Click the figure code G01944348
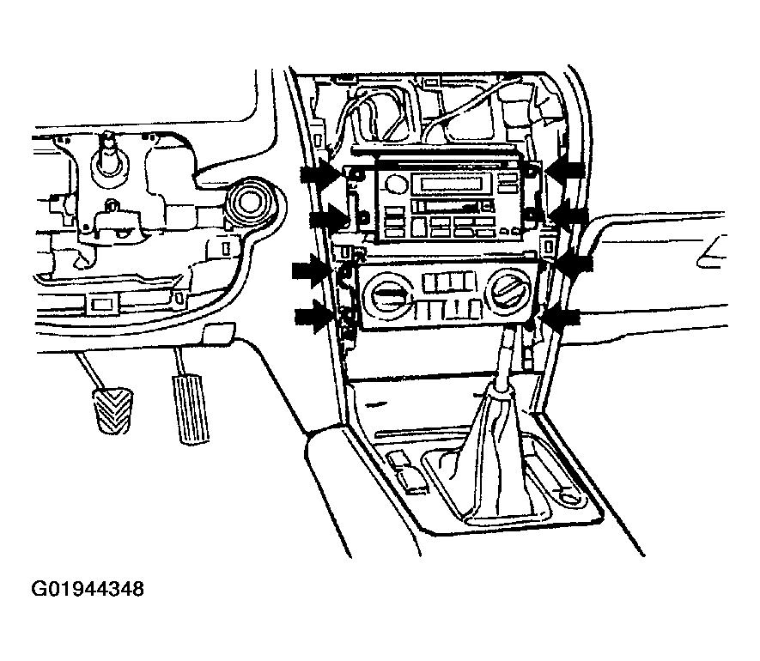(88, 589)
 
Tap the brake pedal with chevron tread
(113, 410)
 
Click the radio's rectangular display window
(451, 185)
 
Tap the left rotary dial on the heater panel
(386, 294)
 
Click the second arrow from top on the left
(329, 216)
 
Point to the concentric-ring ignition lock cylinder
(250, 203)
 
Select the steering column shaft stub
(107, 153)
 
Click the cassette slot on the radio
(442, 206)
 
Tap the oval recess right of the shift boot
(565, 498)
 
